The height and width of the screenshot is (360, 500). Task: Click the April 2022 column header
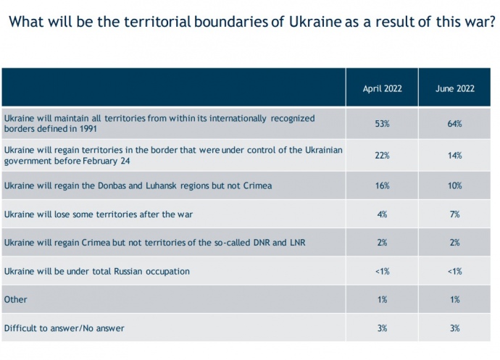coord(382,88)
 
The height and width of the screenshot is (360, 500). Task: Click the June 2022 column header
coord(455,88)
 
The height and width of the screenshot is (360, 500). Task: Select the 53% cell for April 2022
coord(382,124)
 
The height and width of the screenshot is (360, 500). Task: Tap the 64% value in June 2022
coord(455,124)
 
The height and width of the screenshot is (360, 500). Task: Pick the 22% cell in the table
coord(382,155)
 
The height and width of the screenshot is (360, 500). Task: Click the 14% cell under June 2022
coord(455,155)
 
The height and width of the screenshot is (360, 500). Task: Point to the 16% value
coord(382,185)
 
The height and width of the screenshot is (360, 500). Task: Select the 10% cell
coord(455,185)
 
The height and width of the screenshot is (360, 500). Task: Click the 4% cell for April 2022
coord(382,214)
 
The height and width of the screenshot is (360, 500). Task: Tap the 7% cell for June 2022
coord(455,214)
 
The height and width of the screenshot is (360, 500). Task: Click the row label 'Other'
coord(15,299)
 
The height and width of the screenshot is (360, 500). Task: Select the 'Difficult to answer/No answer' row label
coord(64,328)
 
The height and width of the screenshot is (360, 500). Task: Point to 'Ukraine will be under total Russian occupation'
coord(96,271)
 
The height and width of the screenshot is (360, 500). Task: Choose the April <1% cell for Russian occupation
coord(382,271)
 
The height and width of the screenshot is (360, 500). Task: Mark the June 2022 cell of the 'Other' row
coord(455,299)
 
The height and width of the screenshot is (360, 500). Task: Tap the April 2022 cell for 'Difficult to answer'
coord(382,328)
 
